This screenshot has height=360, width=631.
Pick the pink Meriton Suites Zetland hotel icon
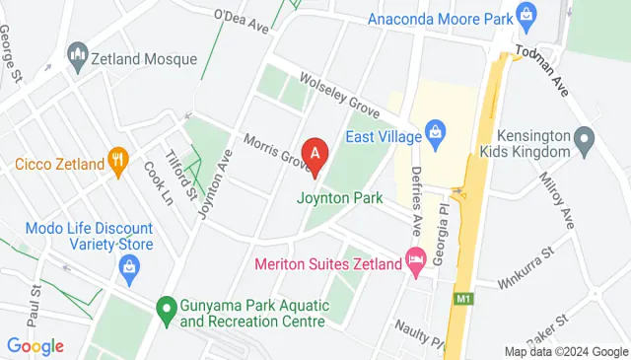coord(416,262)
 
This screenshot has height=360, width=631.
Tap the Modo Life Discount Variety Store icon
coord(128,265)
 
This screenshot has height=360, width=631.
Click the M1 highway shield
coord(463,298)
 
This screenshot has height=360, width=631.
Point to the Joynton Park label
coord(340,197)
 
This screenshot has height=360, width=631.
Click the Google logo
coord(35,346)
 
